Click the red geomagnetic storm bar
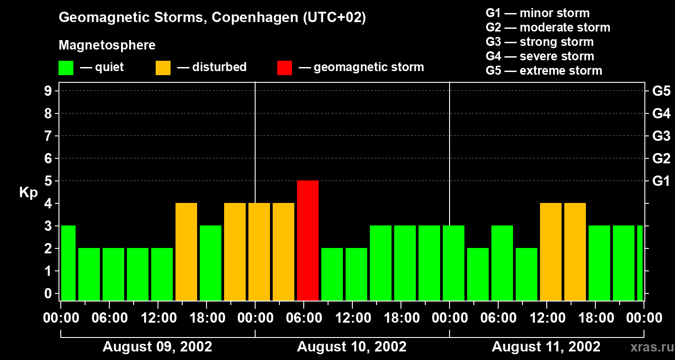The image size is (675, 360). (308, 240)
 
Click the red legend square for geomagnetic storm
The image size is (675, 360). (284, 68)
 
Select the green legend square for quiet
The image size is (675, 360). (66, 68)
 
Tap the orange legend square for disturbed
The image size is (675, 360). (163, 68)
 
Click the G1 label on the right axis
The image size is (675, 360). (661, 181)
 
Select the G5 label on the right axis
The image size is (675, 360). (661, 91)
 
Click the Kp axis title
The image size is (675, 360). (28, 193)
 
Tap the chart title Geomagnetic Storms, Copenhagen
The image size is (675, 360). (212, 18)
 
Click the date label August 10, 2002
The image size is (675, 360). (351, 347)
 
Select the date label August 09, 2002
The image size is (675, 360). (157, 347)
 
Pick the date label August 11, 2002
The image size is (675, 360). (546, 347)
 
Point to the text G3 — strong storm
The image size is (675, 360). (540, 42)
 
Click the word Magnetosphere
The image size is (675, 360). (107, 45)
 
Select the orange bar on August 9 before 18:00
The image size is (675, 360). (186, 252)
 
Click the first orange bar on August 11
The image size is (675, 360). (551, 252)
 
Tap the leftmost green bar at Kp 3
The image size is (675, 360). (68, 263)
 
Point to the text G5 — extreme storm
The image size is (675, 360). (544, 71)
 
